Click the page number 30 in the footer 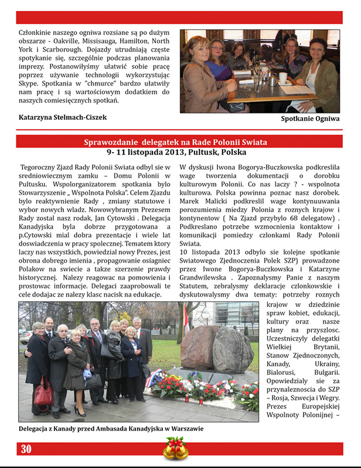(x=26, y=449)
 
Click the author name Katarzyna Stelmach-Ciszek (x=62, y=118)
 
